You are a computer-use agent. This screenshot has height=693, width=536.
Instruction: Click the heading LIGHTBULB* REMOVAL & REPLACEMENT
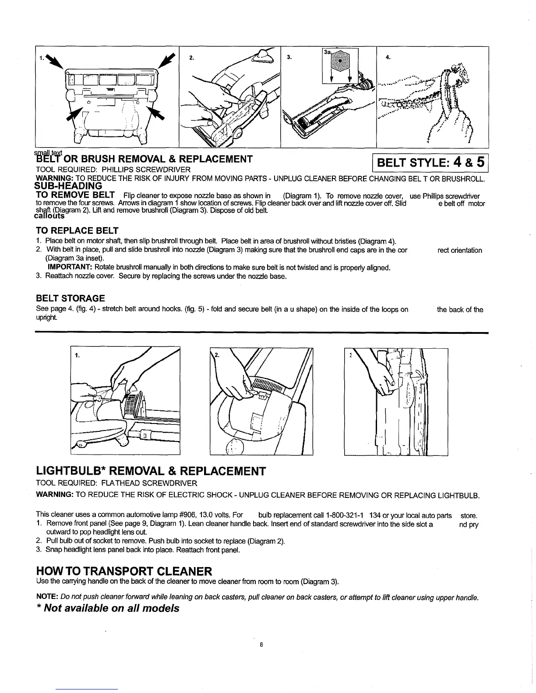click(x=151, y=471)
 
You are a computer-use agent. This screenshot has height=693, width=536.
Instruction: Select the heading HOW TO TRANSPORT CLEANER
click(x=124, y=571)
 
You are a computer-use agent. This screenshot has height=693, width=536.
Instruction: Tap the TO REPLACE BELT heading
click(x=77, y=231)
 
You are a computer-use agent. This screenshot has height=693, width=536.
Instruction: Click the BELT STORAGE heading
click(x=70, y=298)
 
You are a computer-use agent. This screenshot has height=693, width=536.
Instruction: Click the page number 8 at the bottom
click(x=261, y=644)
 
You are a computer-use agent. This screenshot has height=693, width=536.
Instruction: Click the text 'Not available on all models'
click(x=112, y=609)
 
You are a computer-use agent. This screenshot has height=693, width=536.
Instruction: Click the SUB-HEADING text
click(x=68, y=186)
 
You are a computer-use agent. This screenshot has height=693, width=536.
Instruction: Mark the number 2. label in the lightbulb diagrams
click(x=217, y=354)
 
